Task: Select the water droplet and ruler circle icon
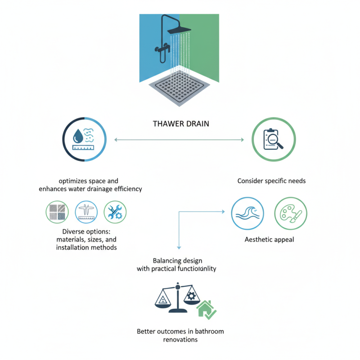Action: [x=85, y=139]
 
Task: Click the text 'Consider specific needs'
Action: [x=271, y=181]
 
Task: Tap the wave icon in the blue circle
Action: [x=247, y=213]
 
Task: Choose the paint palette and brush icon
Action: [x=291, y=213]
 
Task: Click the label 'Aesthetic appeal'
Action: [x=269, y=239]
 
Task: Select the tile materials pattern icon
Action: [x=58, y=212]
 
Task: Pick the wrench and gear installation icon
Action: [x=115, y=212]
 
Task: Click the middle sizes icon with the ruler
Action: [x=86, y=212]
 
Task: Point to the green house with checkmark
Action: [x=207, y=310]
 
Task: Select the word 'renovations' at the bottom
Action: [x=180, y=340]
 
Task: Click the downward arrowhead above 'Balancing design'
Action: [x=179, y=247]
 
